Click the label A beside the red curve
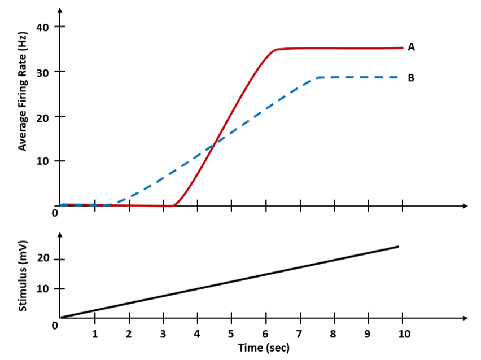coord(412,47)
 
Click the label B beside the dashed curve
coord(411,78)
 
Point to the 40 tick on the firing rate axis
coord(43,27)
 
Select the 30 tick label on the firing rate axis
coord(43,72)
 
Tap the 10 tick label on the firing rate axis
coord(43,161)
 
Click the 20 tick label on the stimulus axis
coord(43,259)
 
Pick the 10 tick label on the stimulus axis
coord(43,289)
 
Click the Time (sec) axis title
coord(264,348)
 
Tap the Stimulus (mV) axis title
coord(23,275)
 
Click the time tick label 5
coord(231,333)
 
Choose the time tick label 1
coord(95,333)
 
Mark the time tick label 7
coord(300,333)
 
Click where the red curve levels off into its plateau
coord(277,49)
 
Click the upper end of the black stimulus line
coord(398,247)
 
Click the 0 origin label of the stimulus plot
coord(55,326)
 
